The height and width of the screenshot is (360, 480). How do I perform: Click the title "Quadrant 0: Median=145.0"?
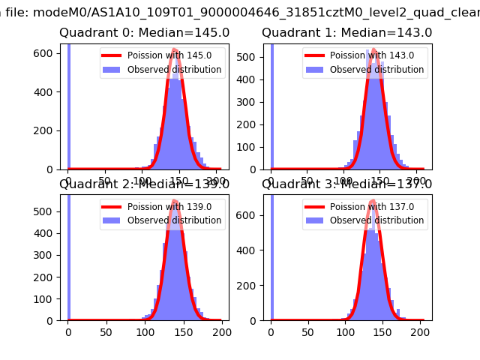pos(144,33)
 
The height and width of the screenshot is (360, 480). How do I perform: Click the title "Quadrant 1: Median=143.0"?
pos(346,33)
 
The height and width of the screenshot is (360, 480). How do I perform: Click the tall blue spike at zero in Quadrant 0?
pos(68,105)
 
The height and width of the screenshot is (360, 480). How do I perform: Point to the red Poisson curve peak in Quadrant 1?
pos(373,70)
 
